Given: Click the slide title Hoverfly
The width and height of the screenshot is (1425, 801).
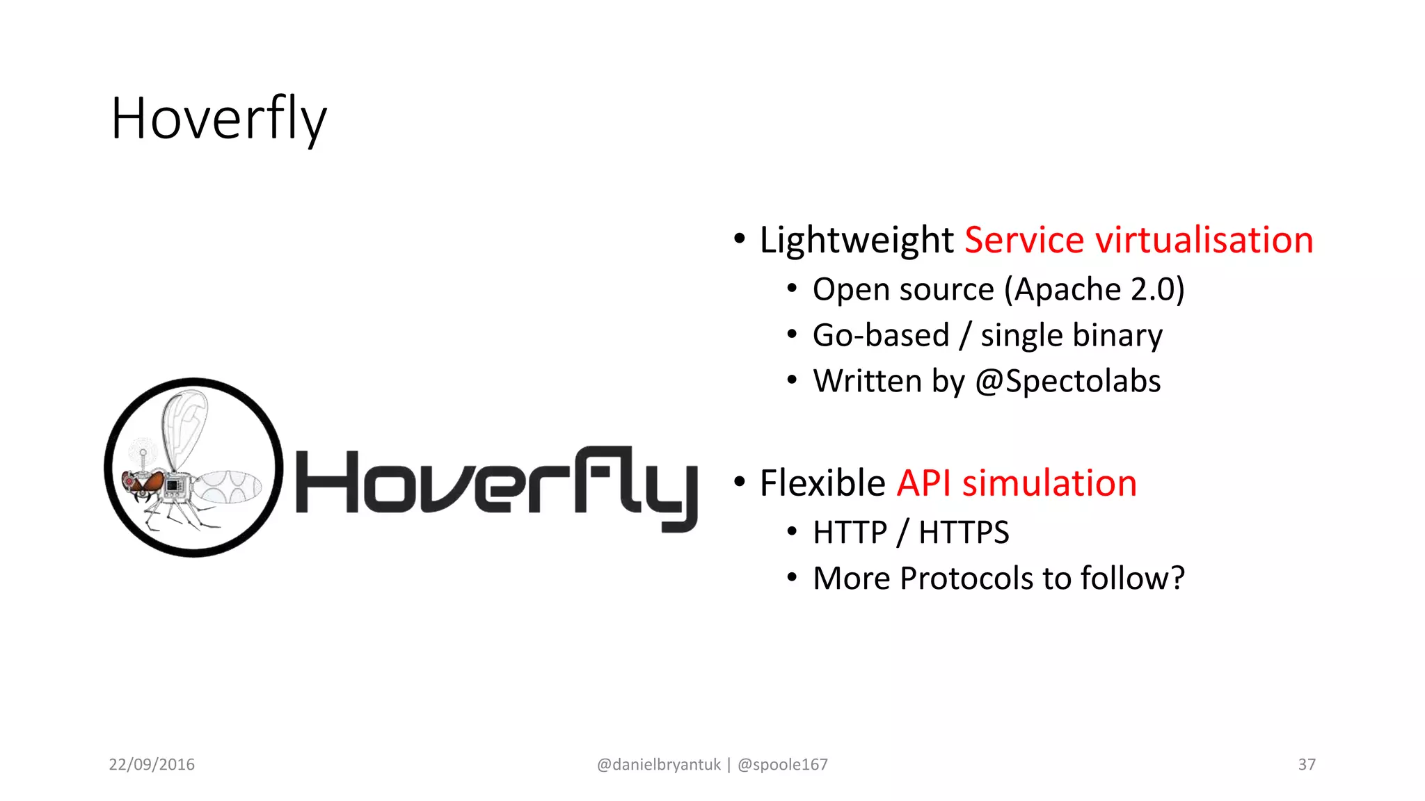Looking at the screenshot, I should click(x=218, y=120).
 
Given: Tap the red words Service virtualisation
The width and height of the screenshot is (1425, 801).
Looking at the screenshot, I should click(x=1138, y=241).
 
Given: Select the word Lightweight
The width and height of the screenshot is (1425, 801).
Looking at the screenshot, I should click(x=856, y=241).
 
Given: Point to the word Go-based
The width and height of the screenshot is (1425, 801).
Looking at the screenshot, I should click(x=880, y=335).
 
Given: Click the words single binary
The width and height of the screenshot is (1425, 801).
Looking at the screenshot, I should click(x=1071, y=335).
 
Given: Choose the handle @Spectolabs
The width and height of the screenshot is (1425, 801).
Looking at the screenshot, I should click(x=1067, y=381).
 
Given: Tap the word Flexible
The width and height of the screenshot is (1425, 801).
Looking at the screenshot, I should click(x=822, y=483).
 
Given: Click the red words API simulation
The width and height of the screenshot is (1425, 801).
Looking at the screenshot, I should click(x=1017, y=483).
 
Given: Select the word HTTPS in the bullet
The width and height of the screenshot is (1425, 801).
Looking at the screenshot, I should click(x=963, y=533).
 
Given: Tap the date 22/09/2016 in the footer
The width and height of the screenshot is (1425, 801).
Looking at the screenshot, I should click(x=152, y=764).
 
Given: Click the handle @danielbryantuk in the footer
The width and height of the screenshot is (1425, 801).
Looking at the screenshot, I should click(x=658, y=764).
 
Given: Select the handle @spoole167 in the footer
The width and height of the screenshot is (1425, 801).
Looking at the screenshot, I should click(x=782, y=764).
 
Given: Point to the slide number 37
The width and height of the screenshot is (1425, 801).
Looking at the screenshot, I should click(x=1306, y=764).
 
